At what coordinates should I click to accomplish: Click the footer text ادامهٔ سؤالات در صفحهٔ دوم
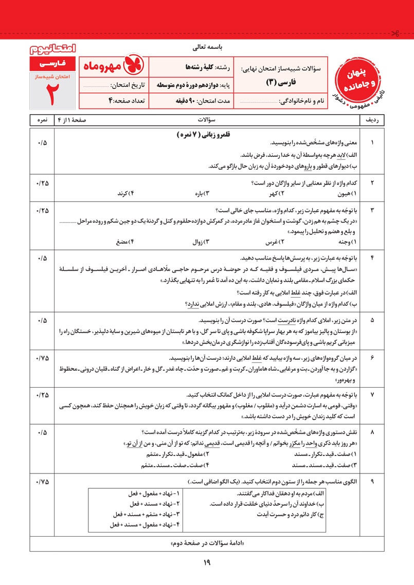(x=206, y=543)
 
